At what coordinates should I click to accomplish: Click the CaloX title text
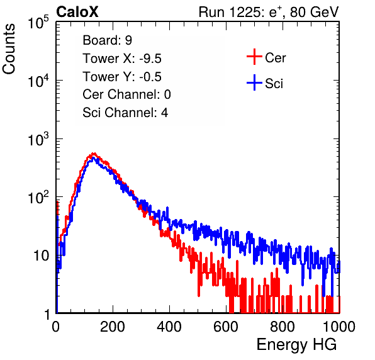(77, 12)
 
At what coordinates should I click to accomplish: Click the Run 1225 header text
(269, 12)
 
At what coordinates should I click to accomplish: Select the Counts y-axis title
(9, 49)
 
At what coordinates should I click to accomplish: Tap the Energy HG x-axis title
(296, 345)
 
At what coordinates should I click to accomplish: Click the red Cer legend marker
(254, 57)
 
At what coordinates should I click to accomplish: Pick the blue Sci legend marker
(254, 83)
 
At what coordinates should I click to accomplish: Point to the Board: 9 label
(107, 40)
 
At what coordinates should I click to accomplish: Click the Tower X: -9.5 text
(122, 59)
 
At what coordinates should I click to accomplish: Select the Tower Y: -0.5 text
(122, 77)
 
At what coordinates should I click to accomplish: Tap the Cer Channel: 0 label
(126, 94)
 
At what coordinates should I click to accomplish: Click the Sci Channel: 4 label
(125, 113)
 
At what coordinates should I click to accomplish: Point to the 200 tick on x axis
(113, 327)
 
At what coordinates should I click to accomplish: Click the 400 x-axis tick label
(169, 327)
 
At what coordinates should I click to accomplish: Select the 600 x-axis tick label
(226, 327)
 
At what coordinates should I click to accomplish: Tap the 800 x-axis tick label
(283, 327)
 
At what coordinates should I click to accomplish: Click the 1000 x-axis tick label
(339, 327)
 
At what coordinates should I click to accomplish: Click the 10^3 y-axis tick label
(38, 139)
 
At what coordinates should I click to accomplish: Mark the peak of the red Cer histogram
(94, 154)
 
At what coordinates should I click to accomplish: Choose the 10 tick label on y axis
(41, 256)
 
